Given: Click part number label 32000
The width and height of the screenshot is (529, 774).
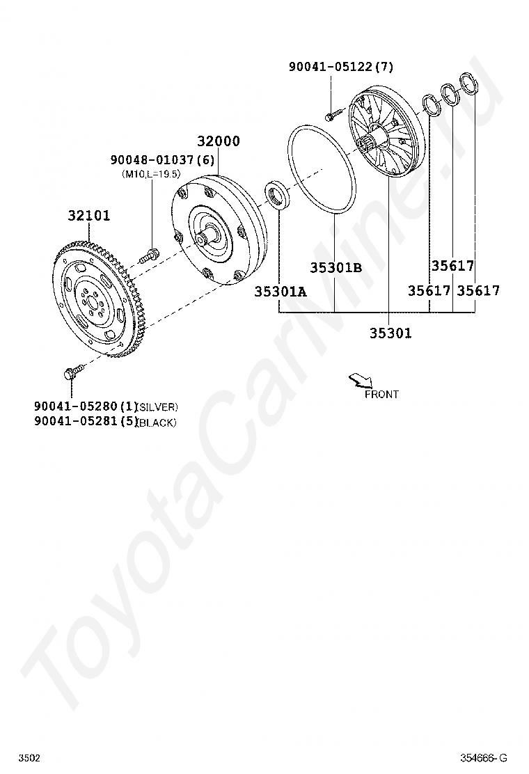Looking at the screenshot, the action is click(219, 141).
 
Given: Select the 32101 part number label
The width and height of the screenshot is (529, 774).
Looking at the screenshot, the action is click(89, 216).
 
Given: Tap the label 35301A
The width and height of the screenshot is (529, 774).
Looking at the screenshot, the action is click(281, 292).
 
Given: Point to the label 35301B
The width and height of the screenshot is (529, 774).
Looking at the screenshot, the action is click(336, 267).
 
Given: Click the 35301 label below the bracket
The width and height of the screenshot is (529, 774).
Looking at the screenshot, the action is click(390, 333).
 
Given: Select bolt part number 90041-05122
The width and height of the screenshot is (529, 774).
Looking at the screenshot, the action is click(331, 67).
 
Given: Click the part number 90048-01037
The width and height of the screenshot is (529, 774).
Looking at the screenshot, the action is click(152, 160).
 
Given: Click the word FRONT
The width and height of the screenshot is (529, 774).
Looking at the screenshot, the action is click(381, 395).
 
